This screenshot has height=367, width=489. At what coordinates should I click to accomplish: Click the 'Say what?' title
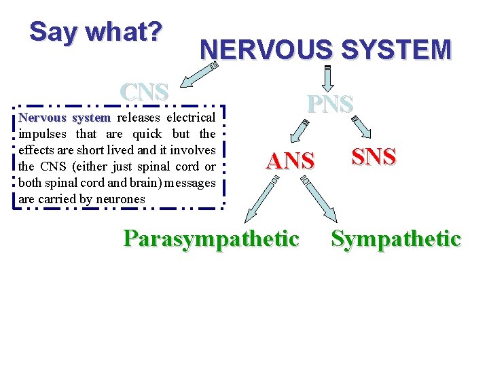tap(96, 32)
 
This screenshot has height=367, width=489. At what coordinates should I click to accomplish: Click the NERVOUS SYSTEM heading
tap(325, 50)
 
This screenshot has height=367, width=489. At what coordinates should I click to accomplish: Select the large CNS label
tap(143, 93)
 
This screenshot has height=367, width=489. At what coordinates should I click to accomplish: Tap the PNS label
tap(329, 104)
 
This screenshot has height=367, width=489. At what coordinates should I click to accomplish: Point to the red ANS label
tap(291, 161)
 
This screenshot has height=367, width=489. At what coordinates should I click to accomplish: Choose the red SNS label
tap(374, 157)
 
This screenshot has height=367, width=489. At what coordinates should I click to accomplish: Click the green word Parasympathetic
tap(211, 239)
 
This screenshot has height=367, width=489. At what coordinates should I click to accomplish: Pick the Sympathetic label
tap(396, 239)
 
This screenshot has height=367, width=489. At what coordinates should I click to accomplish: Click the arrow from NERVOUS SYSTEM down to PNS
tap(327, 77)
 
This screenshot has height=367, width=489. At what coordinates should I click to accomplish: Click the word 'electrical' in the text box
tap(192, 118)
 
